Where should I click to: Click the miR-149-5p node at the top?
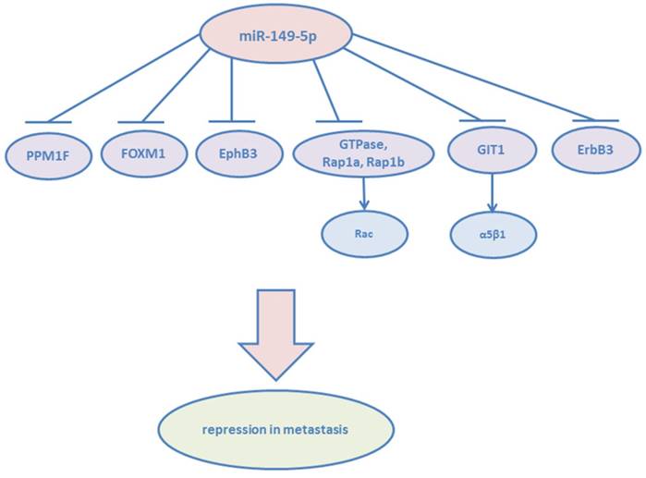(x=276, y=36)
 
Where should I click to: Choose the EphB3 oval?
(x=230, y=153)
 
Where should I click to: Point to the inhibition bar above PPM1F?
(x=49, y=122)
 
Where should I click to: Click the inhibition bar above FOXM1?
(x=140, y=122)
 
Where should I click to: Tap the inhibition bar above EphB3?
(x=231, y=121)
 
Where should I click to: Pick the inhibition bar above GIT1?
(x=481, y=120)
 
